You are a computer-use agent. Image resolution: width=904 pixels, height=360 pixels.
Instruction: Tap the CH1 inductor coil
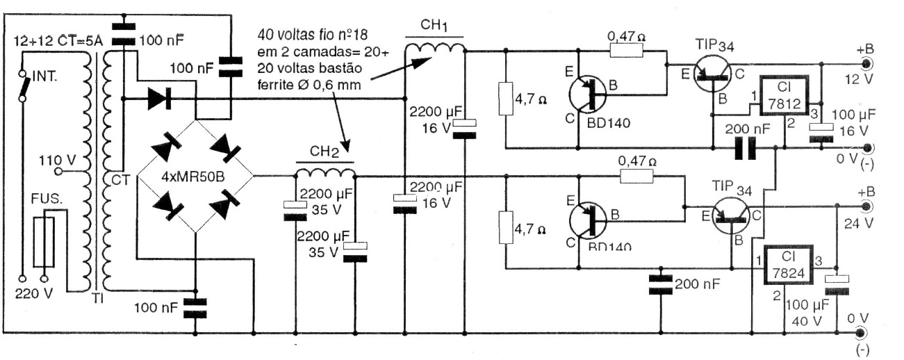[x=434, y=48]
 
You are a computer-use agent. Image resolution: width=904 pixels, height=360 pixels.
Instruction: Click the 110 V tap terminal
[x=58, y=170]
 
